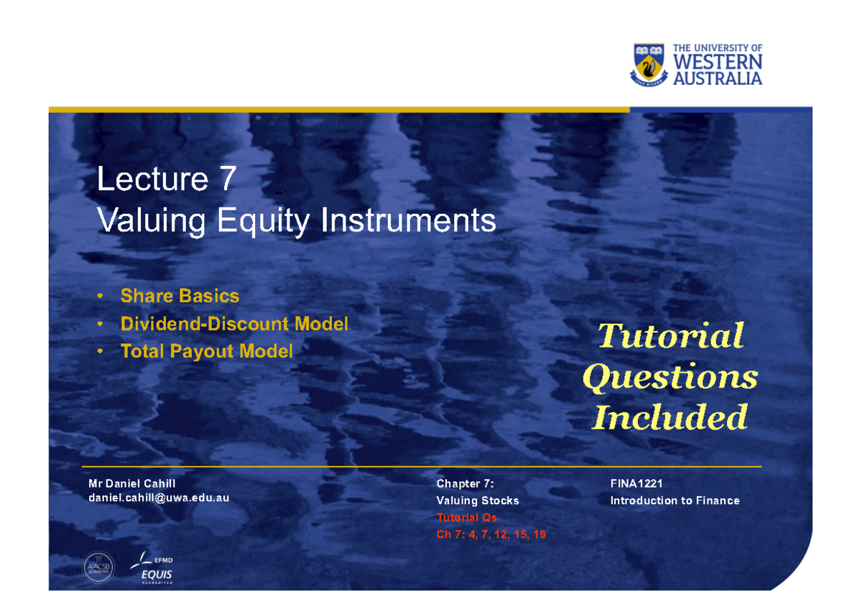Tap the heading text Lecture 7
pos(166,180)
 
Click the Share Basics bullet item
pos(180,296)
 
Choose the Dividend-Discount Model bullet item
pos(234,324)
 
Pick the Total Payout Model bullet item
pos(206,351)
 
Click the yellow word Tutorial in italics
pos(670,336)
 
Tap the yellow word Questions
pos(669,377)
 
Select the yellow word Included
pos(669,417)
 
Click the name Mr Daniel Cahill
pos(131,483)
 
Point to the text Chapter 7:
pos(465,484)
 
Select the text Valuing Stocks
pos(477,501)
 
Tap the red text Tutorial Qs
pos(466,517)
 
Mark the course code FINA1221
pos(636,484)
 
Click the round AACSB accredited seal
pos(98,566)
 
